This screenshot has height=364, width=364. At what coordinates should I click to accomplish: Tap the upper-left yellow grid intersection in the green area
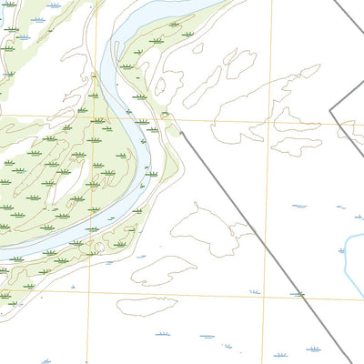point(92,116)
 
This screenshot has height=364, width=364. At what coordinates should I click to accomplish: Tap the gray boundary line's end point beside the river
point(179,133)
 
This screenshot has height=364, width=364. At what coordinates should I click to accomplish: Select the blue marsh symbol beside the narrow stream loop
point(338,208)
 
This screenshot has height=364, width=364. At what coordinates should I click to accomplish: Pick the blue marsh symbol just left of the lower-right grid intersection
point(255,291)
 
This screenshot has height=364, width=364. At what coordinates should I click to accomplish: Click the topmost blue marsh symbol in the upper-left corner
point(55,5)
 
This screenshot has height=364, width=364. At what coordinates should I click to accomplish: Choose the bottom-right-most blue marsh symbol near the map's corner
point(314,348)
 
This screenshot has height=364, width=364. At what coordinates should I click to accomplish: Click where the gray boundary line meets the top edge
point(333,1)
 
